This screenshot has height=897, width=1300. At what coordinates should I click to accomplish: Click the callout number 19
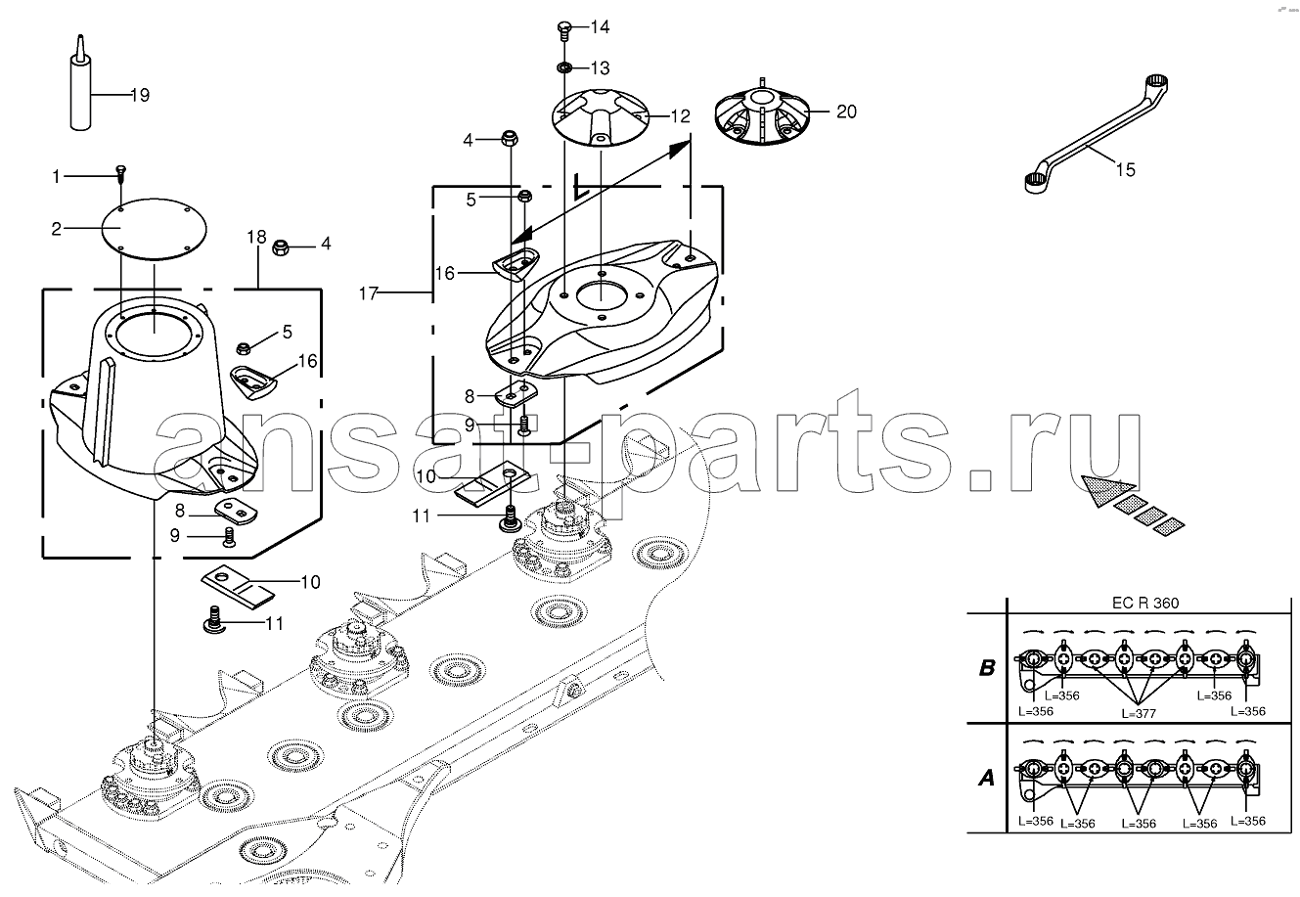point(140,95)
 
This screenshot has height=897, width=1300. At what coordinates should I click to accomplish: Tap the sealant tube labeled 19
point(80,87)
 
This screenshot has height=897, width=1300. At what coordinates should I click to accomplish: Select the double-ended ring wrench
point(1096,134)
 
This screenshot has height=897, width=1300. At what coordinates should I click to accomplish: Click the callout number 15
point(1125,169)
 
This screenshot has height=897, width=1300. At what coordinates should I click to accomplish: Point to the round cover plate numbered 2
point(155,229)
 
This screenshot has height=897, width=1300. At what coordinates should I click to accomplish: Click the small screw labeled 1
point(121,175)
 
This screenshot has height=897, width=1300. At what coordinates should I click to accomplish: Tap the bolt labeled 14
point(564,30)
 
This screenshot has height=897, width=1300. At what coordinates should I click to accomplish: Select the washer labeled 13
point(563,67)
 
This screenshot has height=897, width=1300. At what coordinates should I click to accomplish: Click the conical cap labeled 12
point(600,117)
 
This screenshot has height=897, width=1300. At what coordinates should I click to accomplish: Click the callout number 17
point(369,293)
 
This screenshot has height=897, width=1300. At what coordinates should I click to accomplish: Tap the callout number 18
point(256,237)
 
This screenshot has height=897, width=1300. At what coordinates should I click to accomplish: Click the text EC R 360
point(1145,603)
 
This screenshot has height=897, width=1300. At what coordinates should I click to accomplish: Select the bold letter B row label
point(987,668)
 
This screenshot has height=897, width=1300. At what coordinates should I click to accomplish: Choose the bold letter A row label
point(987,778)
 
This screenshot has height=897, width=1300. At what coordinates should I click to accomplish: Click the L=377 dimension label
point(1138,714)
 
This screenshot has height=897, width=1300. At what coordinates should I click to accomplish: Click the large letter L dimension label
point(581,187)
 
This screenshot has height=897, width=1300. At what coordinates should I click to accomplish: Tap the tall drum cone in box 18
point(154,400)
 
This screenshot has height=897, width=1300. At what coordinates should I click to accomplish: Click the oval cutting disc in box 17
point(601,312)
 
